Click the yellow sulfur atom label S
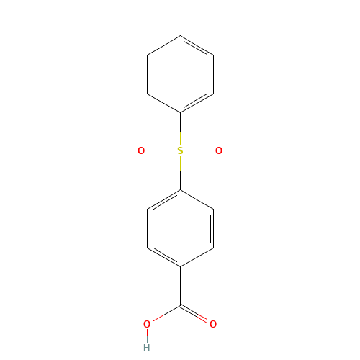click(x=180, y=151)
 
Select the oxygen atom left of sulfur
click(x=141, y=151)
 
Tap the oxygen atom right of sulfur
click(x=219, y=151)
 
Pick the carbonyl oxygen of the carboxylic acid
click(x=213, y=324)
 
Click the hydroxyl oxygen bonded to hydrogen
click(x=147, y=324)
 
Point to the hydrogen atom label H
click(x=147, y=348)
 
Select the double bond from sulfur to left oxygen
click(x=162, y=151)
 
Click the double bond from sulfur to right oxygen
click(x=199, y=151)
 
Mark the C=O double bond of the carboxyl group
click(x=194, y=313)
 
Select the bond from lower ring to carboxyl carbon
click(x=180, y=286)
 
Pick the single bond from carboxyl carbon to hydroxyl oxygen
click(x=166, y=313)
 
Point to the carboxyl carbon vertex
click(x=180, y=305)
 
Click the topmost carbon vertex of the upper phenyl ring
click(x=180, y=36)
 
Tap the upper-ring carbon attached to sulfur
click(x=180, y=112)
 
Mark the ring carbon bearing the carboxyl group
click(x=180, y=266)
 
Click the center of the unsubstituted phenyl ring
click(x=180, y=74)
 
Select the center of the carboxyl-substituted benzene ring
click(x=180, y=228)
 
